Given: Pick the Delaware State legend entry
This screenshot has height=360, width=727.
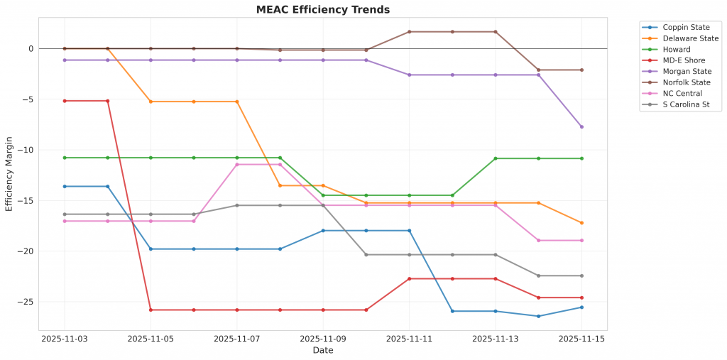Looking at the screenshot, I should [x=686, y=39].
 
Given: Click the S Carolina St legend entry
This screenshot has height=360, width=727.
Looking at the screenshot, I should [x=684, y=105].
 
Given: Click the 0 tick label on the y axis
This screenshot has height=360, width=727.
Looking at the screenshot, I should [x=31, y=49].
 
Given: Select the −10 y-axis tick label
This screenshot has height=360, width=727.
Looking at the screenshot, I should [x=28, y=150].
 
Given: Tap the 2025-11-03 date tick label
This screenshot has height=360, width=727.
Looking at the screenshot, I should [x=65, y=339].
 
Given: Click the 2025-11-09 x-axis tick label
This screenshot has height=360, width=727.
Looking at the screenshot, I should [x=323, y=339].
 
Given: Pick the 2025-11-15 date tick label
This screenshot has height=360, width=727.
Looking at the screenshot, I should [x=581, y=339].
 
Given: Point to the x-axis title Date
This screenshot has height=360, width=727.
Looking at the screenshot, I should [x=323, y=350].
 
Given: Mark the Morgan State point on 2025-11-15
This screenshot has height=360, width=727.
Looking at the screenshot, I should [x=581, y=126].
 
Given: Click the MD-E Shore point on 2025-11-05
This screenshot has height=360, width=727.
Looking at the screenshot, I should [x=151, y=310].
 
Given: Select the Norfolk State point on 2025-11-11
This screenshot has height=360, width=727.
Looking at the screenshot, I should [x=409, y=32].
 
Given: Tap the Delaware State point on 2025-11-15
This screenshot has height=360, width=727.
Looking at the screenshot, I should [x=581, y=223].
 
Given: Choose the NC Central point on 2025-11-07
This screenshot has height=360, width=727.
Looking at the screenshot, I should [x=237, y=165].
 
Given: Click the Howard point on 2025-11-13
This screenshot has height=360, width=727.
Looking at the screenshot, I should [x=496, y=158].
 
